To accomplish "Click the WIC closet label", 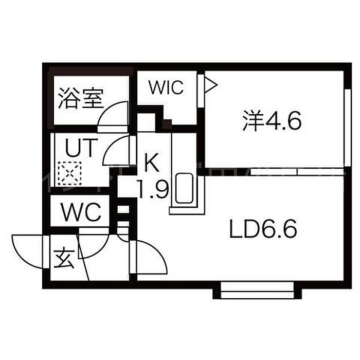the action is click(x=166, y=87).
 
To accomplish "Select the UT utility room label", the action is click(x=80, y=148).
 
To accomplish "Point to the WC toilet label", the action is click(x=81, y=212).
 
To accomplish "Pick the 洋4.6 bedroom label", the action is click(x=272, y=121).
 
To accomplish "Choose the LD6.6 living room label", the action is click(x=263, y=229).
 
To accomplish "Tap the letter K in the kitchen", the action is click(x=152, y=163).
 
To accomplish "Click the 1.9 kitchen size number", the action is click(x=153, y=189).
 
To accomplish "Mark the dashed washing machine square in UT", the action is click(x=69, y=173).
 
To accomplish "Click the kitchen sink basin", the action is click(x=184, y=188).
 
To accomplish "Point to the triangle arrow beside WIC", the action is click(x=210, y=85).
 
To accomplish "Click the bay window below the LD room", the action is click(x=257, y=291).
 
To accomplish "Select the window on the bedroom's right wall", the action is click(x=348, y=128).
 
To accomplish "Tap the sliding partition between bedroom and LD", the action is click(x=298, y=171).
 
